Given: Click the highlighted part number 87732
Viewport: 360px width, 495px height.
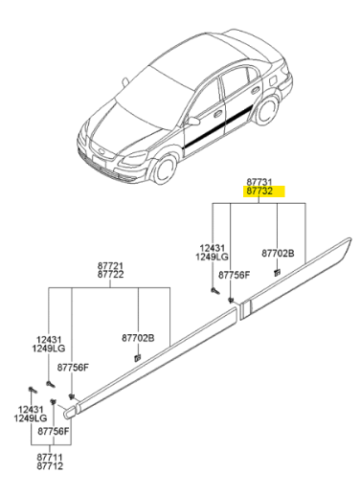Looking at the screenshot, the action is point(259,191).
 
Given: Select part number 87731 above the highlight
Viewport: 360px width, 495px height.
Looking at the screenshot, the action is point(259,182).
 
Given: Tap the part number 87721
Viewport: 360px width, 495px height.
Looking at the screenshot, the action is point(110,265).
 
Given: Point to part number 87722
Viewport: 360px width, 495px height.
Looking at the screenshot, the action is point(110,275).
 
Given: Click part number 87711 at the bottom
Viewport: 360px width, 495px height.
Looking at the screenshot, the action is point(50,458).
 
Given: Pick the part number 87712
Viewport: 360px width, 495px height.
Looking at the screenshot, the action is point(50,466).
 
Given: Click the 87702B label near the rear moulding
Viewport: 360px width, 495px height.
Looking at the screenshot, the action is point(278,254).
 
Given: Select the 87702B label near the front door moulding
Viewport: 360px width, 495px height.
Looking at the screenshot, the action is point(138,338).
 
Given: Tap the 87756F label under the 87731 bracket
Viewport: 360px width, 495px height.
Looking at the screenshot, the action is point(234,275).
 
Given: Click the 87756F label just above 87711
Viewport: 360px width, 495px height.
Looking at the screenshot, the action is point(54,432).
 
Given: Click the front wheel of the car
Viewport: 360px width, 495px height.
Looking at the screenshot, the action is point(165,169).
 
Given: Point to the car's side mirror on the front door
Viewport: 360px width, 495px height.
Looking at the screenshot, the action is point(193,121).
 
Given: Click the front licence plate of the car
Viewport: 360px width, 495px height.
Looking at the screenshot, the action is point(99,160).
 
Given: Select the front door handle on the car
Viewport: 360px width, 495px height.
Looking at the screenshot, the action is point(218,113).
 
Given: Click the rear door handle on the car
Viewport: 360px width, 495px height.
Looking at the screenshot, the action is point(256,90).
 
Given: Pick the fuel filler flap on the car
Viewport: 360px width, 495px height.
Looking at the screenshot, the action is point(274,80).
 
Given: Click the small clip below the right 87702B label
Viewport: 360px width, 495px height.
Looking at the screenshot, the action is point(277,273).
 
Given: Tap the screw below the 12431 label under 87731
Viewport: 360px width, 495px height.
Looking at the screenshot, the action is point(214,291).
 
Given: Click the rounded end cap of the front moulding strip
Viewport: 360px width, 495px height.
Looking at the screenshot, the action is point(71,411).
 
